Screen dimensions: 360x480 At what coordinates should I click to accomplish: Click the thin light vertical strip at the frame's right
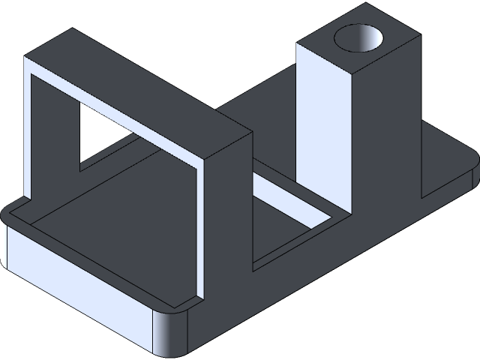tap(201, 232)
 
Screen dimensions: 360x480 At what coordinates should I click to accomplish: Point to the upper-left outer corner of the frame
tap(27, 57)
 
